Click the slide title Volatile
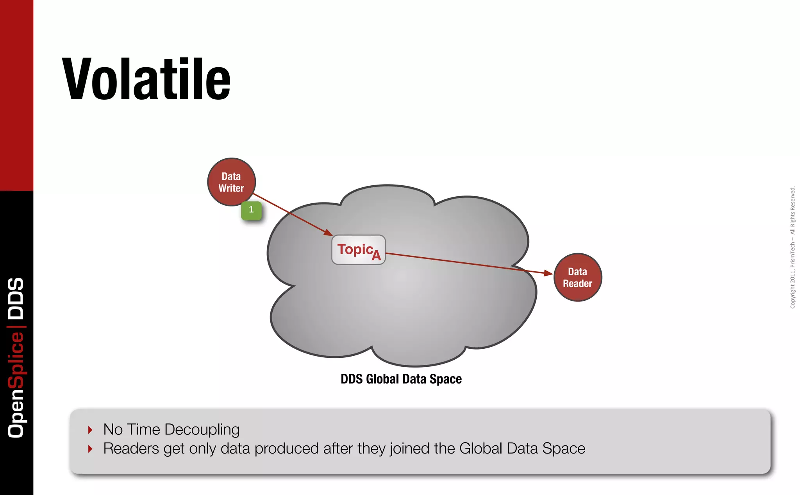point(146,79)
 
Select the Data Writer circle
point(231,182)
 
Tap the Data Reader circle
point(577,277)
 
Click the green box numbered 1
point(251,210)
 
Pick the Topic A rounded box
point(358,250)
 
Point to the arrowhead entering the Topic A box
point(328,233)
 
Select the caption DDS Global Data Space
point(401,379)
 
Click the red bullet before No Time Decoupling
point(90,430)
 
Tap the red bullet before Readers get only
point(90,448)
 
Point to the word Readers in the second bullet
point(131,448)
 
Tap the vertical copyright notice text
point(793,247)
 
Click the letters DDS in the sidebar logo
point(16,298)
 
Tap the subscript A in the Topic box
point(376,256)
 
